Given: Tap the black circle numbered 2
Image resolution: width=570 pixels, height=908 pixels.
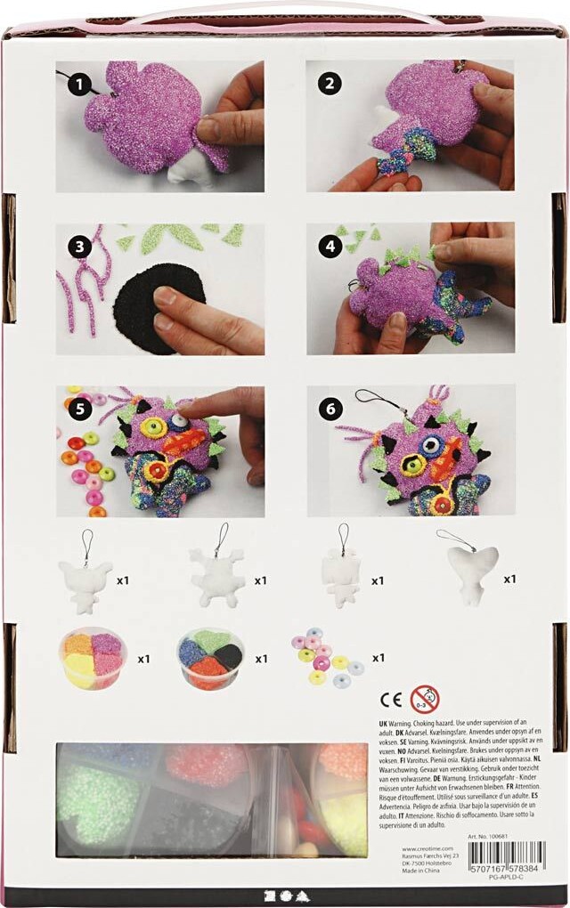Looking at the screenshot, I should pyautogui.click(x=332, y=85).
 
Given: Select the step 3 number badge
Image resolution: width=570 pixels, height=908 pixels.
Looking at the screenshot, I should pyautogui.click(x=81, y=247).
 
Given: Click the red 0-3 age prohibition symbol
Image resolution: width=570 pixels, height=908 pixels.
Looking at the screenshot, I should pyautogui.click(x=425, y=699).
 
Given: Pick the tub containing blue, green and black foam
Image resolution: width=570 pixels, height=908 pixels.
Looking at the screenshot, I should pyautogui.click(x=214, y=659).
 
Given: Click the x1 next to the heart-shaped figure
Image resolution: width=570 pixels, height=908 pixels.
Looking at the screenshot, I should pyautogui.click(x=510, y=580).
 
